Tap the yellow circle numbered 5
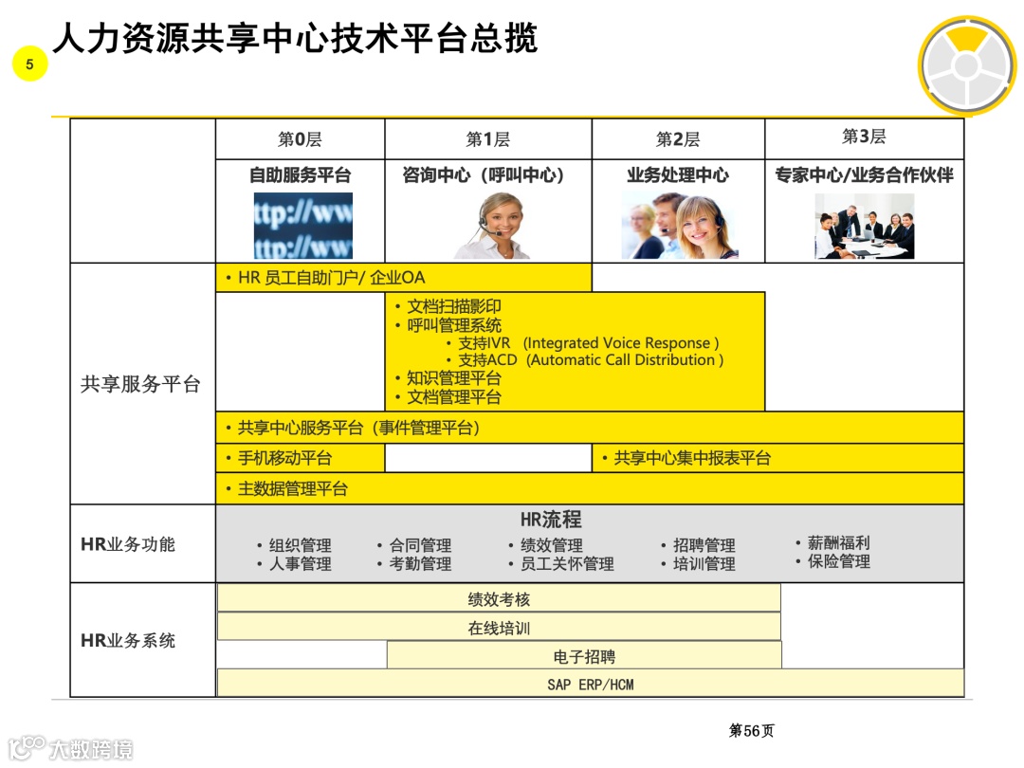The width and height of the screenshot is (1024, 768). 30,64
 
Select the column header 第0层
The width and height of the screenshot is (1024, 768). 300,139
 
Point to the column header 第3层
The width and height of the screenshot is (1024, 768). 864,137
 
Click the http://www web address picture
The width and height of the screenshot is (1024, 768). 302,226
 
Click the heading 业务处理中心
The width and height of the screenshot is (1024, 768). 678,175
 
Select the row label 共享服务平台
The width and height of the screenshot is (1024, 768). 140,384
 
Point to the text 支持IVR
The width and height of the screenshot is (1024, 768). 485,343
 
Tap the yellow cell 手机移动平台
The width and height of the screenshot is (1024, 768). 284,458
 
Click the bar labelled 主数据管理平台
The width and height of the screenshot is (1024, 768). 292,489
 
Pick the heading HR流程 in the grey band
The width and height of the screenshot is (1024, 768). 550,520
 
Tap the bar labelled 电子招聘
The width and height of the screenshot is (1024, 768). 584,656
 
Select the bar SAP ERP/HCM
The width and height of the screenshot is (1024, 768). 590,684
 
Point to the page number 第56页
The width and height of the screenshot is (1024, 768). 751,731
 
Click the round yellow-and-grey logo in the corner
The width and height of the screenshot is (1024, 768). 965,64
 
